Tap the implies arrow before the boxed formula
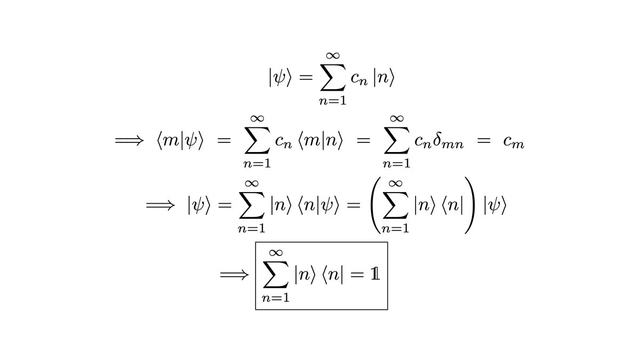235,276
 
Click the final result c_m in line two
514,142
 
